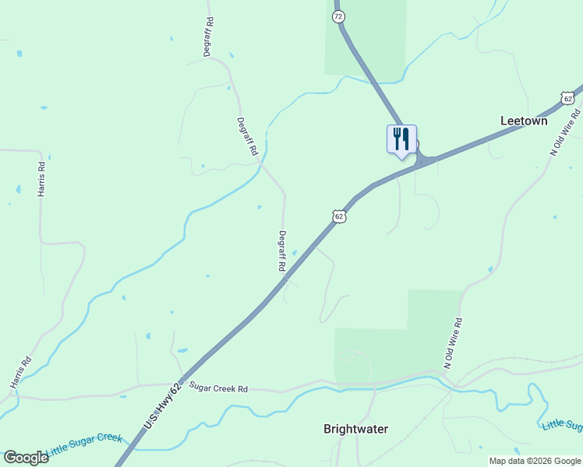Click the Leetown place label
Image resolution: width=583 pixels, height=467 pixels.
coord(524,121)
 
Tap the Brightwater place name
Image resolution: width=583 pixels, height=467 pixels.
coord(355,429)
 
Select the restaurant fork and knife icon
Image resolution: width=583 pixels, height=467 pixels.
coord(401,139)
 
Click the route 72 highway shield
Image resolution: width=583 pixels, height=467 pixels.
coord(337,16)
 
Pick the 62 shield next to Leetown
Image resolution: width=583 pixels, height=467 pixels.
coord(567,98)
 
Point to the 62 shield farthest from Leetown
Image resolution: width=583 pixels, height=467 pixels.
coord(338,216)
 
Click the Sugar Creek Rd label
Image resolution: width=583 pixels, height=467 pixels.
coord(218,388)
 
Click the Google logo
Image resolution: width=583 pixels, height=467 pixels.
coord(26,457)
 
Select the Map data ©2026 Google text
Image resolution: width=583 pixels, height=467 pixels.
coord(534,461)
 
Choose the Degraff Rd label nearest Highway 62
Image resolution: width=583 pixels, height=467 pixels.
coord(282,251)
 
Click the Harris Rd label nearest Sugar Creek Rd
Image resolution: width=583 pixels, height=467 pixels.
coord(20,373)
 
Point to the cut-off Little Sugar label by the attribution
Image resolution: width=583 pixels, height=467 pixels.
coord(562,425)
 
